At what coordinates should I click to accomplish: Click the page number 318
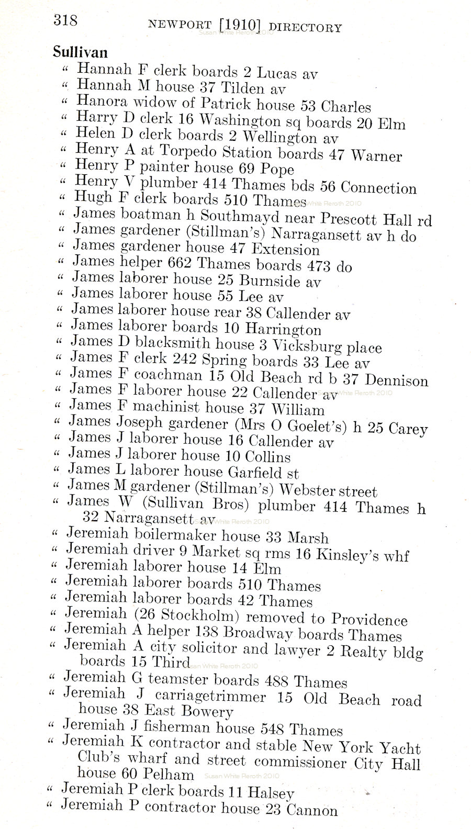[x=65, y=20]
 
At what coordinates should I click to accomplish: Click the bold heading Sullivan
[x=80, y=52]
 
